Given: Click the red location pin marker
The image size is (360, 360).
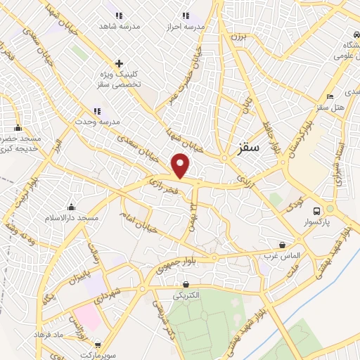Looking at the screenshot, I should point(181,165).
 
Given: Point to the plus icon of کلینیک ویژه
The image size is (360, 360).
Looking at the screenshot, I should point(119,63).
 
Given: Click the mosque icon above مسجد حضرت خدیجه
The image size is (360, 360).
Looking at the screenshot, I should point(18,127).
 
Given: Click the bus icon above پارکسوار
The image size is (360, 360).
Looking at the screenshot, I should point(317,210).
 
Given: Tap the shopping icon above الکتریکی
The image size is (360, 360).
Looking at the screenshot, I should point(186,285).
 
